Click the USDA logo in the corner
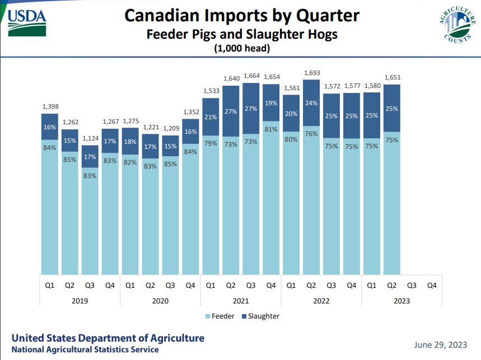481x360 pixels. click(27, 21)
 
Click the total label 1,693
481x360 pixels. click(311, 73)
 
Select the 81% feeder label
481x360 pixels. click(270, 129)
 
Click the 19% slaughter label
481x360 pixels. click(270, 102)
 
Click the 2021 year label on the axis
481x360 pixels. click(241, 301)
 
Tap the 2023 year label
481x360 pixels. click(401, 301)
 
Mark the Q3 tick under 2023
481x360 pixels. click(412, 285)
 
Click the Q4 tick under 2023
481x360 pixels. click(432, 285)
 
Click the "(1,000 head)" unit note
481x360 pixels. click(242, 49)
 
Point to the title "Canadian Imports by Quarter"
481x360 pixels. click(242, 15)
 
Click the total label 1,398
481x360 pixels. click(50, 106)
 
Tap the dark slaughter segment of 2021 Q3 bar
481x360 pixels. click(251, 109)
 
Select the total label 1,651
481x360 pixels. click(391, 77)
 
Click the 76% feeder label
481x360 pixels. click(311, 134)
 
